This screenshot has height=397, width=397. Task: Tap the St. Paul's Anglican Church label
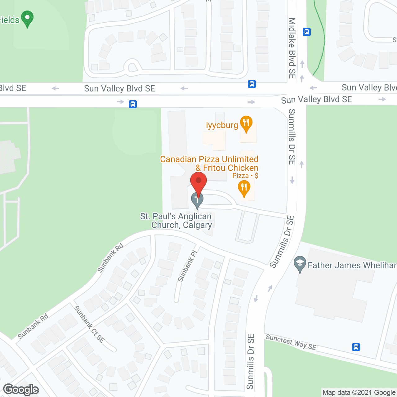(176, 221)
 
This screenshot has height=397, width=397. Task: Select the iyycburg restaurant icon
(246, 123)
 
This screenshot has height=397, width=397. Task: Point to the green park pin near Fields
(27, 18)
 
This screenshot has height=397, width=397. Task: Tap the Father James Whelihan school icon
(300, 264)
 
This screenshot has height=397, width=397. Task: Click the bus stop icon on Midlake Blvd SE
(307, 32)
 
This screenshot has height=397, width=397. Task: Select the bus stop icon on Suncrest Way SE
(356, 347)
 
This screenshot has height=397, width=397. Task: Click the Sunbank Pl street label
(187, 266)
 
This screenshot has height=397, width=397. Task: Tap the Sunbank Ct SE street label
(89, 324)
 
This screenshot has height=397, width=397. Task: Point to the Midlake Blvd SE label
(292, 48)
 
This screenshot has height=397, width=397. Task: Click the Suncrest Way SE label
(291, 342)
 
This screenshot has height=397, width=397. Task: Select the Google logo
(21, 390)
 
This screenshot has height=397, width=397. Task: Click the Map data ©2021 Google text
(359, 392)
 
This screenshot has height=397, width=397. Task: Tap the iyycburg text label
(222, 125)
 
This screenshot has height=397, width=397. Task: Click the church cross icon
(197, 200)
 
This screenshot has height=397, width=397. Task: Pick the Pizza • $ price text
(245, 176)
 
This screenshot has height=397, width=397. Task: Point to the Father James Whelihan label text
(352, 265)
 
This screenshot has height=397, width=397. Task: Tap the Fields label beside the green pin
(10, 20)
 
